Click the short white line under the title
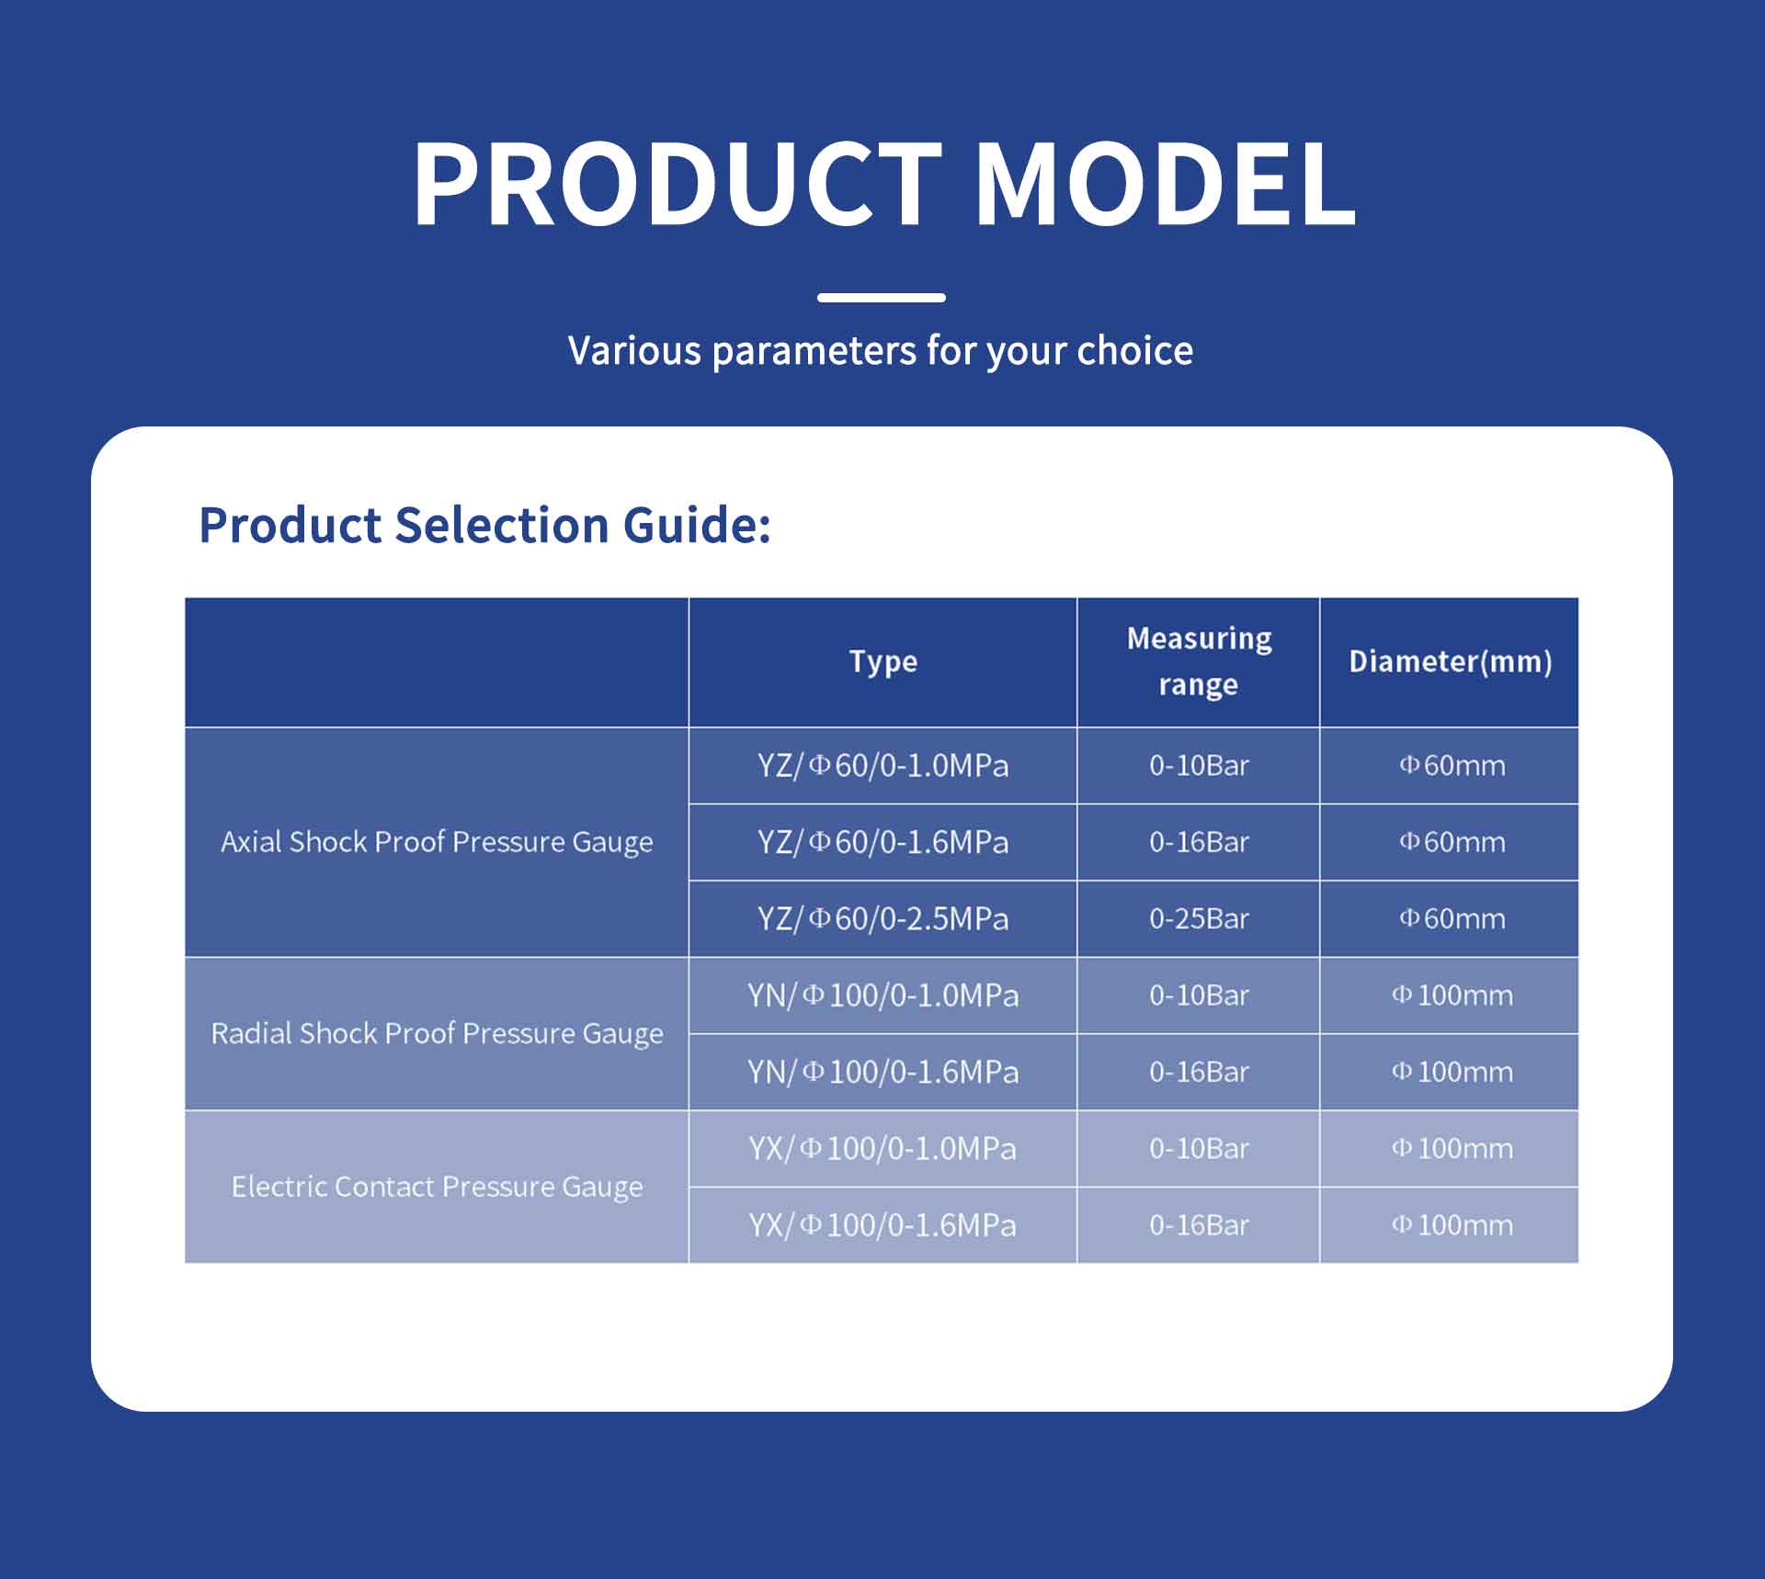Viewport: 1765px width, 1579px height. (882, 298)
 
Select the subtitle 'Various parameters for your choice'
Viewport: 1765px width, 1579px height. (881, 351)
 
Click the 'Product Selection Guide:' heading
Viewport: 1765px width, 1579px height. (484, 526)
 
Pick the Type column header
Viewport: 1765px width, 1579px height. (882, 662)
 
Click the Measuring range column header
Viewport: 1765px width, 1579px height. (1199, 662)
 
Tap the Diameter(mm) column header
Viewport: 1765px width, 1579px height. (1450, 662)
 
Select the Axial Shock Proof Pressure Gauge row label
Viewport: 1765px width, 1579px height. (437, 842)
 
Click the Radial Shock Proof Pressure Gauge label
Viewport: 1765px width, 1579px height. (437, 1034)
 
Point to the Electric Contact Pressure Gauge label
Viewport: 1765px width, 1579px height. (437, 1187)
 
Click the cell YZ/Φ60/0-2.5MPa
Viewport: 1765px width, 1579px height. (882, 919)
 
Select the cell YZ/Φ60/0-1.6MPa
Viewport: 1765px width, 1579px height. (882, 842)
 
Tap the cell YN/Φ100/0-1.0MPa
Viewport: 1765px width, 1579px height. (882, 995)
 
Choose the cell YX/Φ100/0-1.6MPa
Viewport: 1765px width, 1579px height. (882, 1225)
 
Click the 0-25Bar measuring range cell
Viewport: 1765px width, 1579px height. (1199, 919)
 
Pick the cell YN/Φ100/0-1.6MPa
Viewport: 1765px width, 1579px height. (882, 1072)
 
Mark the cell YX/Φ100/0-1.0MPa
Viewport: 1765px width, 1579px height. (882, 1149)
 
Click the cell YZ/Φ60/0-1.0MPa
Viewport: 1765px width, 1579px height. (882, 766)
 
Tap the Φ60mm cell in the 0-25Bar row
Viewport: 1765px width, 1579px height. (1452, 919)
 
